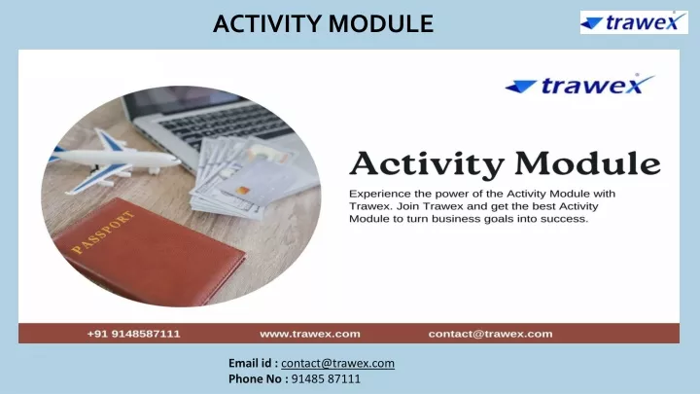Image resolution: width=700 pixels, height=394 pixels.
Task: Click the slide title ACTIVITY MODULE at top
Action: click(x=323, y=23)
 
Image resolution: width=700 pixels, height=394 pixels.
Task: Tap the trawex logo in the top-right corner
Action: click(x=634, y=22)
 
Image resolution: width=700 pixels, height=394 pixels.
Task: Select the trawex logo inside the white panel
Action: click(x=579, y=84)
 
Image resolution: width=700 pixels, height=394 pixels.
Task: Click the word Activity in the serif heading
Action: click(x=427, y=164)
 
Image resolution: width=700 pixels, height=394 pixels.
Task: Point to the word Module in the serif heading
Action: click(x=587, y=163)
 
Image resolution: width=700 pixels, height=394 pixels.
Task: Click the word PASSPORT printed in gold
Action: click(x=103, y=233)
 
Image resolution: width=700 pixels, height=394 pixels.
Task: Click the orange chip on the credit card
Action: click(x=242, y=191)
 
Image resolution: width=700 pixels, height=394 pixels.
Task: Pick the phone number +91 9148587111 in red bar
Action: click(x=133, y=334)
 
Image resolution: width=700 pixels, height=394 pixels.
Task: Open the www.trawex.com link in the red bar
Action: click(x=310, y=334)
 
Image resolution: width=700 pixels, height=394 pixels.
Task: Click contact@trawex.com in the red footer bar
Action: click(x=490, y=334)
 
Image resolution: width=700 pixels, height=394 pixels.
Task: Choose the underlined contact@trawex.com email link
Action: click(x=337, y=363)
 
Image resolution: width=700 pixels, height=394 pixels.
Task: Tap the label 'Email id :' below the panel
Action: click(x=253, y=363)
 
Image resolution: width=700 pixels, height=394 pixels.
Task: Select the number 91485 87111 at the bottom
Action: click(x=326, y=378)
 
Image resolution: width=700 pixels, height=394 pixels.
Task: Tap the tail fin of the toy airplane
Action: click(x=104, y=138)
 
